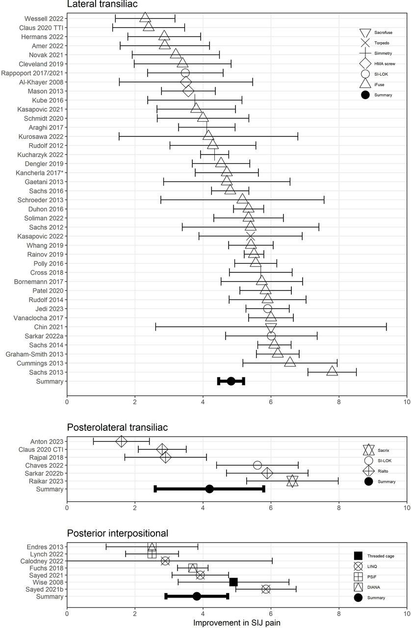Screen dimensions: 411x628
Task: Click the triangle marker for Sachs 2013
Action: pos(332,371)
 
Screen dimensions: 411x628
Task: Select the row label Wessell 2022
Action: pos(44,19)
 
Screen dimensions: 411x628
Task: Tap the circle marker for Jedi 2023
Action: pos(267,309)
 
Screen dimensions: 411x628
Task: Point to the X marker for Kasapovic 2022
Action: pos(250,236)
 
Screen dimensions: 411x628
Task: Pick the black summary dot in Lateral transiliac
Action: pos(231,381)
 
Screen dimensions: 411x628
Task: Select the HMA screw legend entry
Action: pos(378,64)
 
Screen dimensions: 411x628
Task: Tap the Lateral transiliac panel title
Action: pos(103,4)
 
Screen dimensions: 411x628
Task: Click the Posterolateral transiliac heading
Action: pos(118,427)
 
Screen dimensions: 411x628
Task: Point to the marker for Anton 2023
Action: pos(121,441)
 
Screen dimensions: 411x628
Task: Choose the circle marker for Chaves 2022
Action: pos(257,465)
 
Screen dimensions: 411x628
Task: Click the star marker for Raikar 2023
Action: pos(292,481)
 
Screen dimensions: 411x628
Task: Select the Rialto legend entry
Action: pos(376,471)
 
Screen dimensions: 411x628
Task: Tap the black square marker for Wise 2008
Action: pos(233,582)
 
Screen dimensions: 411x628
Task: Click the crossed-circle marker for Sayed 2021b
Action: pos(266,589)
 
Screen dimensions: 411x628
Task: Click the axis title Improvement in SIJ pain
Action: pos(237,623)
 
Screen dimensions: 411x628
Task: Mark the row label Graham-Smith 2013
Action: pos(35,354)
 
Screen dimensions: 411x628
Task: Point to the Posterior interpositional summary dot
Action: pos(197,596)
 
